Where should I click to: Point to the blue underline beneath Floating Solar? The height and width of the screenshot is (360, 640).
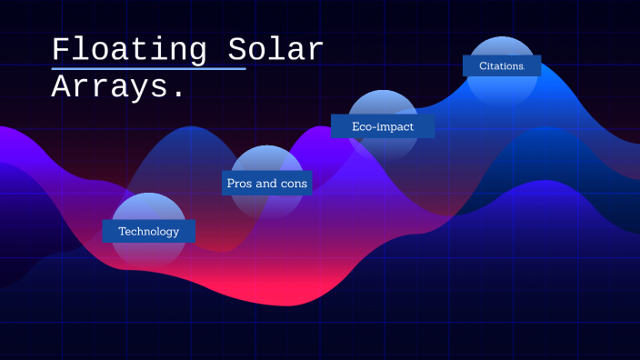click(149, 68)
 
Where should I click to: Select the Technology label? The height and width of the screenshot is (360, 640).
click(149, 231)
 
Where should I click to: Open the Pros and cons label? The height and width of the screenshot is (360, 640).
click(266, 183)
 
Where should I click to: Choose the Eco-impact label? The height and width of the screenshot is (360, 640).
click(383, 126)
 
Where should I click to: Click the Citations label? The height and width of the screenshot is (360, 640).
click(502, 65)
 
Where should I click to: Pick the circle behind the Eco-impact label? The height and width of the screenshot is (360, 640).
click(383, 105)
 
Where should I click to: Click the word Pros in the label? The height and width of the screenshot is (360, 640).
click(239, 183)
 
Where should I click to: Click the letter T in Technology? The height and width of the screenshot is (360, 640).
click(122, 231)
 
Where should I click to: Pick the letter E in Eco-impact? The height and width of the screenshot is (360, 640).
click(356, 126)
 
